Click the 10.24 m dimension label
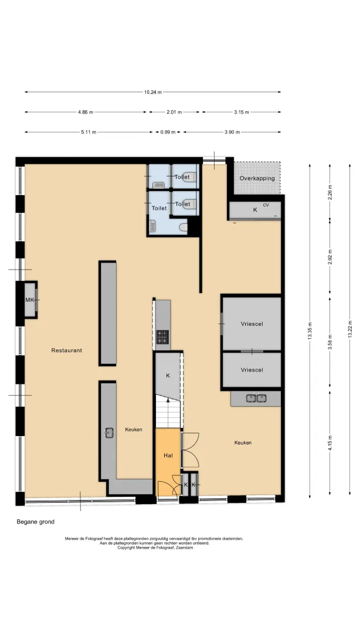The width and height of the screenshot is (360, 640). point(152,92)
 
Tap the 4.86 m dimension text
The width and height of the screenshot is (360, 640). point(85,113)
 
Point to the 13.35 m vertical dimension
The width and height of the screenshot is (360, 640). point(310,331)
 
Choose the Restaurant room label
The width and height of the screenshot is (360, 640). point(66,350)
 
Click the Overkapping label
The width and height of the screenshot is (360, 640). point(257,178)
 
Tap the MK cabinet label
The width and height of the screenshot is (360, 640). point(29,300)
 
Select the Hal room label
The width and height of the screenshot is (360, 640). point(168,455)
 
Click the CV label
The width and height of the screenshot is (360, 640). point(266,205)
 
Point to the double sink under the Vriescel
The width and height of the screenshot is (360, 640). point(256,397)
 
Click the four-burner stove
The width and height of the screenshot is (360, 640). point(162,336)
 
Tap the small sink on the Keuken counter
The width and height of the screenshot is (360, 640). point(108,433)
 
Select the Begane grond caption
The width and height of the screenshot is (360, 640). point(36,522)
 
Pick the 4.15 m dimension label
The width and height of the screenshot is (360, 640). point(330,443)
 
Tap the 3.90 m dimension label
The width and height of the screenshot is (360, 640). point(232,132)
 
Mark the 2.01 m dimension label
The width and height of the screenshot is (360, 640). point(174,113)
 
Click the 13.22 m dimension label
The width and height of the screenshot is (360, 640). point(350,331)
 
